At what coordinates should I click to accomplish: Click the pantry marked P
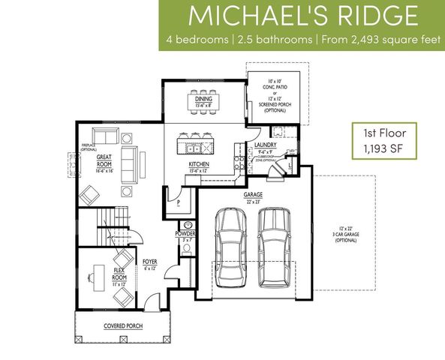179,202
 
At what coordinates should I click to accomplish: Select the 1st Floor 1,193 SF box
382,141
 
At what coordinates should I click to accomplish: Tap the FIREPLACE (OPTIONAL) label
91,148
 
